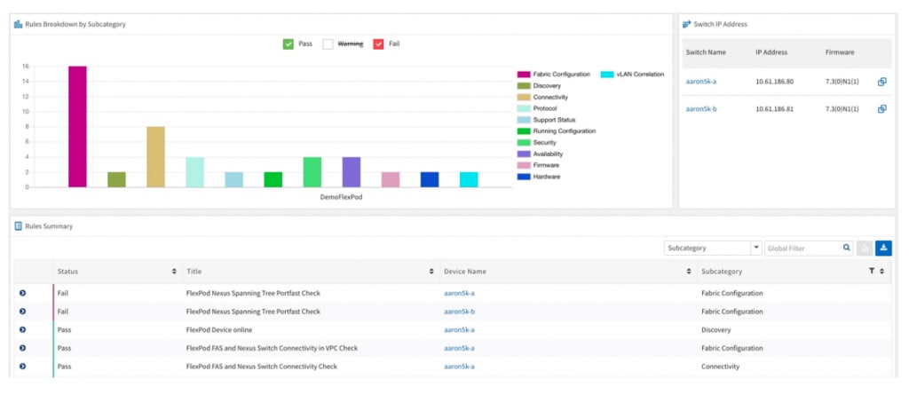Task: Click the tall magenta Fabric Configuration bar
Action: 77,126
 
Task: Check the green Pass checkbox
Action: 289,43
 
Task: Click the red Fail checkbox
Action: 378,43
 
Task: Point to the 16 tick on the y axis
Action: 26,67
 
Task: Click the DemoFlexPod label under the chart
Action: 342,197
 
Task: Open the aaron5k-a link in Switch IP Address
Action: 701,82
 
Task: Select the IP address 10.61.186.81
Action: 774,109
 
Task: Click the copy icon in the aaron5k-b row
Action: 881,109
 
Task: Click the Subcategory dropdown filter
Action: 713,249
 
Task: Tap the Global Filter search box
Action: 802,249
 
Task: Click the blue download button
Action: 883,249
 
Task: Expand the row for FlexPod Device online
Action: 22,329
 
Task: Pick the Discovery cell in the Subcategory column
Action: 716,329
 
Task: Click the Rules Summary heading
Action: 49,226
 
